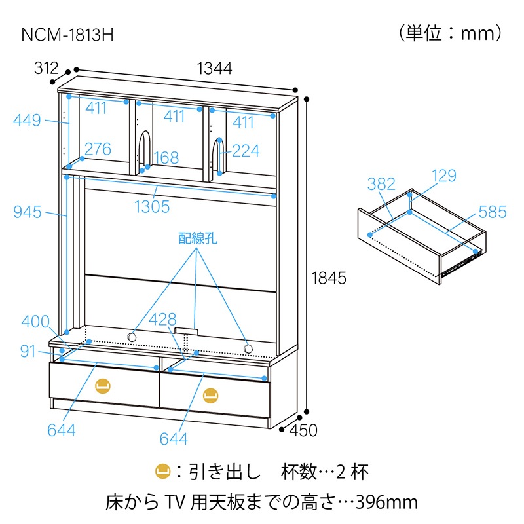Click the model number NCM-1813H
point(68,34)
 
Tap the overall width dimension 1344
point(214,68)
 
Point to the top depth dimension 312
point(45,68)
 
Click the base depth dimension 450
point(304,430)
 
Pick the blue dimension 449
point(27,121)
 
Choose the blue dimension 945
point(27,212)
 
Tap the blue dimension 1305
point(152,207)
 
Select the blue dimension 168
point(165,158)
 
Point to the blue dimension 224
point(246,151)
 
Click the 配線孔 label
point(197,238)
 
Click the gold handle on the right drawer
point(210,394)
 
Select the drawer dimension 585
point(492,212)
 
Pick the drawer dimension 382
point(381,185)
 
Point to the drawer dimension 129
point(443,176)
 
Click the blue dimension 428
point(162,320)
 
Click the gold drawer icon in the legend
point(161,472)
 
